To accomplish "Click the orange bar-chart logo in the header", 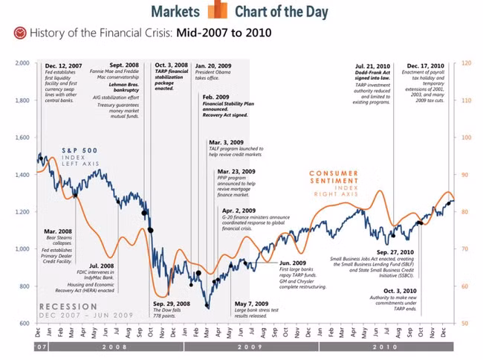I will pos(218,10).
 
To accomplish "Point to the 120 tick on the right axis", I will pos(466,63).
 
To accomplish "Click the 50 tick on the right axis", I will pos(465,324).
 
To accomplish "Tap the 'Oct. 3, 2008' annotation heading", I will pos(171,65).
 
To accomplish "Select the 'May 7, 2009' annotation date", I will pos(251,303).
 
